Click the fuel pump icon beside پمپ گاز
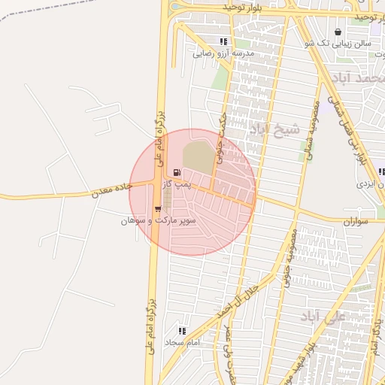coord(177,173)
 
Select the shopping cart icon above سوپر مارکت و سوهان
coord(158,210)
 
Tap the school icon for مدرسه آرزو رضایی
coord(223,42)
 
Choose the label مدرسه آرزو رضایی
coord(224,53)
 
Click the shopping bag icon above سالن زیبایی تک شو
coord(337,32)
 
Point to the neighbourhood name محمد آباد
coord(362,78)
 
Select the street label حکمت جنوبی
coord(220,138)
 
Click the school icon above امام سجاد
coord(182,330)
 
